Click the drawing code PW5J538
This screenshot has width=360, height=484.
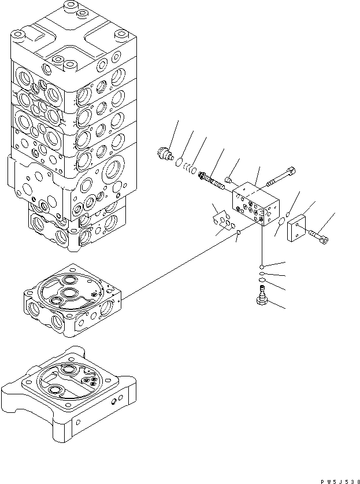click(340, 482)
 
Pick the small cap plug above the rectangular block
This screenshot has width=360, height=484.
click(228, 180)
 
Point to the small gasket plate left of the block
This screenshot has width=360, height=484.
click(222, 221)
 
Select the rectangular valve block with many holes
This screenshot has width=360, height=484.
click(256, 203)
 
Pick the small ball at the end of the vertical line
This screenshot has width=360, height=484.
click(262, 267)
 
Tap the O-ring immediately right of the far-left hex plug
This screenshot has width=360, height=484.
click(179, 162)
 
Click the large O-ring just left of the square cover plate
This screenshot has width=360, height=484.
click(281, 221)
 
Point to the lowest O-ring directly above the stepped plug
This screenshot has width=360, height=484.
click(262, 280)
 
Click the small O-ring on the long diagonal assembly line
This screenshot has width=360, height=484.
click(239, 232)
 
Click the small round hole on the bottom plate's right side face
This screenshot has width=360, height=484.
click(114, 401)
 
